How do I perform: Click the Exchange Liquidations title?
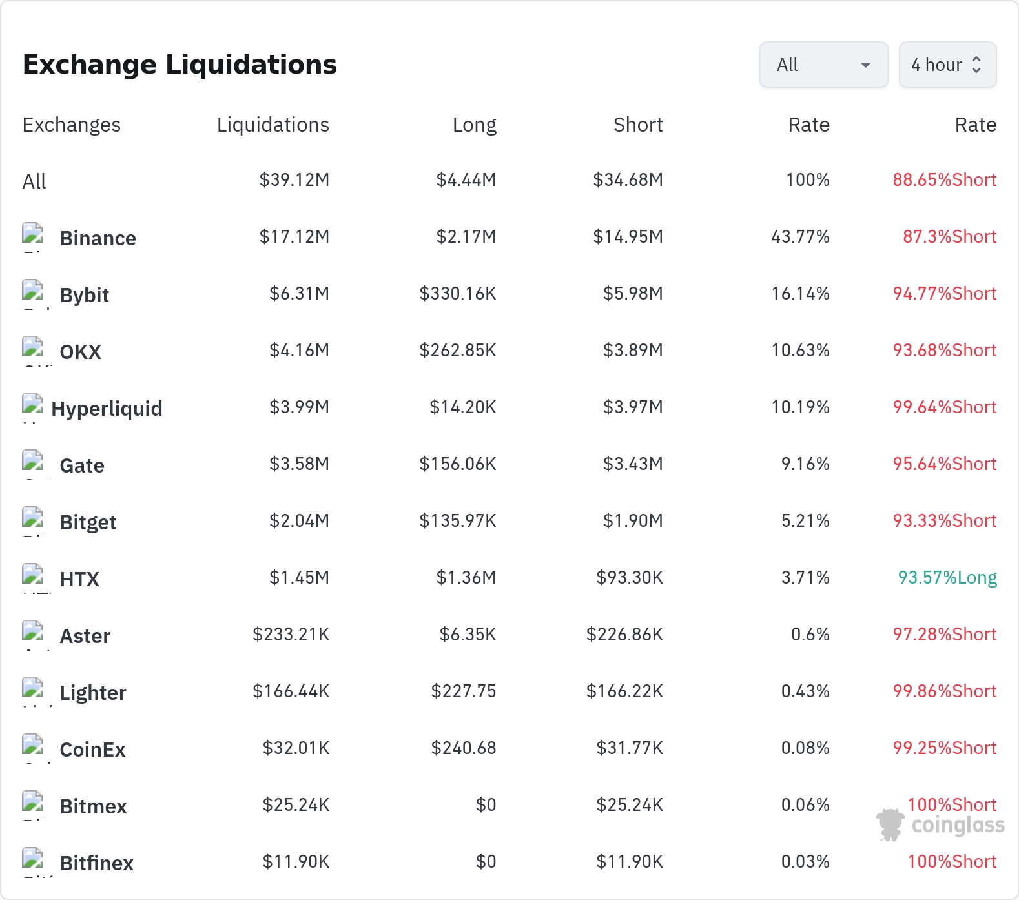coord(180,65)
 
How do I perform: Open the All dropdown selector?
coord(823,65)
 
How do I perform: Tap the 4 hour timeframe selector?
coord(947,65)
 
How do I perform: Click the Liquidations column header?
coord(273,125)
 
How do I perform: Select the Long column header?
coord(475,125)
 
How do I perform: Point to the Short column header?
coord(638,125)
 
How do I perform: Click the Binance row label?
coord(98,238)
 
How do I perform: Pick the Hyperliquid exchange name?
coord(107,409)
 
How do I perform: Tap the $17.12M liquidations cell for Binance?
coord(294,236)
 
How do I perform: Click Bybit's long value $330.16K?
coord(458,293)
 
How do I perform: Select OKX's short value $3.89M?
coord(633,350)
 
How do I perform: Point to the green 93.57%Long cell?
coord(947,577)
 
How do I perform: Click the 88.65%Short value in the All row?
coord(945,179)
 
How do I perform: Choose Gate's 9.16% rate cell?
coord(805,464)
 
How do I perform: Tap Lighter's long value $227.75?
coord(464,691)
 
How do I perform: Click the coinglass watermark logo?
coord(940,824)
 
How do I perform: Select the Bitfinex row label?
coord(97,863)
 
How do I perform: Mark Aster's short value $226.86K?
coord(624,634)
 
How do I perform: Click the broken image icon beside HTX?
coord(32,574)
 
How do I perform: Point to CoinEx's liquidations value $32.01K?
coord(296,748)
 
